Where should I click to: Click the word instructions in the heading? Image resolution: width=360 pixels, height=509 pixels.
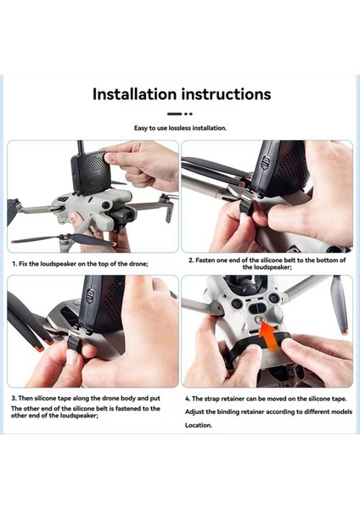click(225, 94)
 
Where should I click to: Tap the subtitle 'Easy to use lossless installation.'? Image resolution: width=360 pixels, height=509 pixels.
click(179, 128)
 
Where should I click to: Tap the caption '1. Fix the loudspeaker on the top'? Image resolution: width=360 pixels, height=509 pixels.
click(80, 264)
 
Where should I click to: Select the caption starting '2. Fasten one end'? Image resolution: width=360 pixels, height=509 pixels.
click(265, 264)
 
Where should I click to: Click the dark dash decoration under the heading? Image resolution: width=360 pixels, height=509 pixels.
click(175, 114)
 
